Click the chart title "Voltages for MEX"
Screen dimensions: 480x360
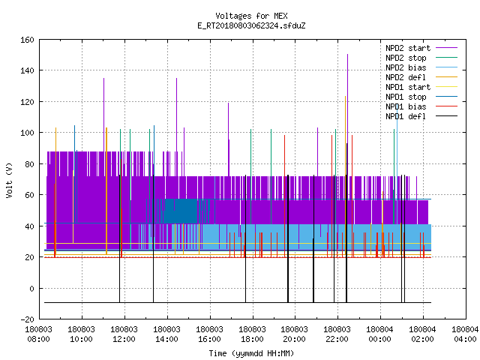pos(251,16)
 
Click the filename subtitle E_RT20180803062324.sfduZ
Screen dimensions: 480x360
pos(251,25)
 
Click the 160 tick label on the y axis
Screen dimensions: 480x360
pos(27,40)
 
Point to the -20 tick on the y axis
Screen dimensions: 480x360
pos(27,319)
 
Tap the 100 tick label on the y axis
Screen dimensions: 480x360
pos(27,133)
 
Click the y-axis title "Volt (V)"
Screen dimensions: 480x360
pos(9,180)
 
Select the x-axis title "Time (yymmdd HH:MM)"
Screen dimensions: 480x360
pos(251,353)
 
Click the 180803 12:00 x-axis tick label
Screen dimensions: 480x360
pos(124,334)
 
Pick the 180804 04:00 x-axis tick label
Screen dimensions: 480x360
pos(465,334)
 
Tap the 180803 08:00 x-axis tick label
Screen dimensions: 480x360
pos(38,334)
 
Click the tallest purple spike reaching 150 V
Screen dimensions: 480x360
pos(347,122)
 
